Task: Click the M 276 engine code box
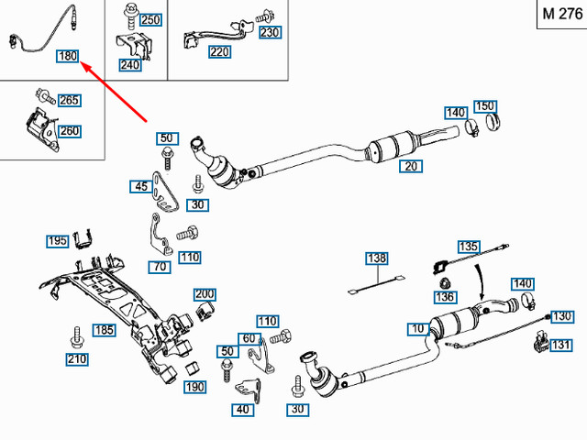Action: (559, 16)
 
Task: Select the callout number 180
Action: (68, 57)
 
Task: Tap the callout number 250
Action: (150, 19)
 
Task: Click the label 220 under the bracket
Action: (220, 52)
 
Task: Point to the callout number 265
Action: (69, 101)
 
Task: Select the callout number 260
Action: (70, 131)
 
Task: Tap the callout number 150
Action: (485, 106)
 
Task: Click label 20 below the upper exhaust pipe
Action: (411, 166)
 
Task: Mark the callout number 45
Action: (140, 187)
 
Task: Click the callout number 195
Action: (59, 241)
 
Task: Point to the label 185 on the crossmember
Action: (104, 330)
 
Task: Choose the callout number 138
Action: (378, 259)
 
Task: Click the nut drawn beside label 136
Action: (444, 281)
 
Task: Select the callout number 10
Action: (417, 328)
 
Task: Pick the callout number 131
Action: (560, 346)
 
